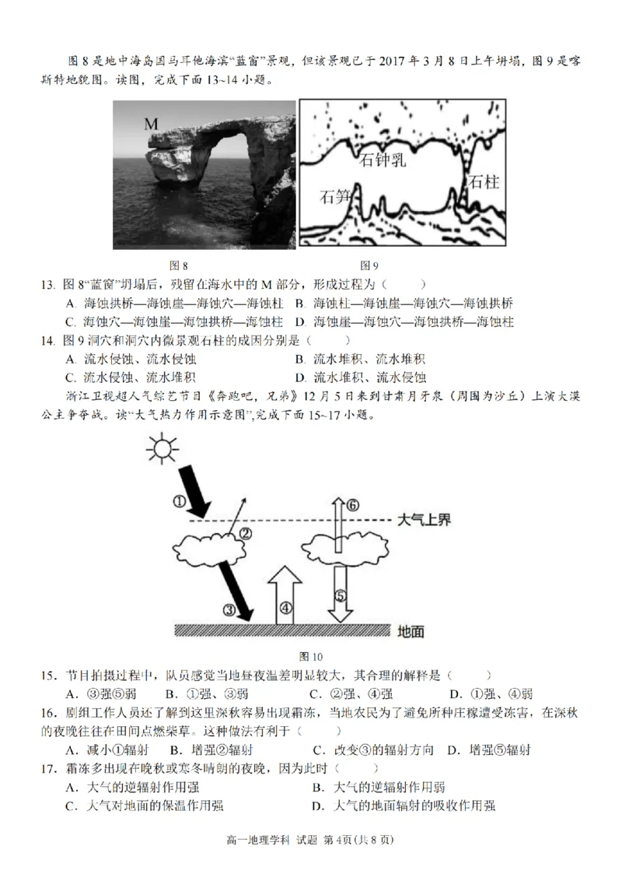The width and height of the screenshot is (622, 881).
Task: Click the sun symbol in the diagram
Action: (162, 451)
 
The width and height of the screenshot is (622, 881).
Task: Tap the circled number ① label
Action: (179, 502)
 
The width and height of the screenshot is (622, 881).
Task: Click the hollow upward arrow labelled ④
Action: (285, 595)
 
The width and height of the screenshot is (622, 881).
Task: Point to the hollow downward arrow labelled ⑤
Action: (341, 595)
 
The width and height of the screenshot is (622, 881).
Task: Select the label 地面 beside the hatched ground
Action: (411, 632)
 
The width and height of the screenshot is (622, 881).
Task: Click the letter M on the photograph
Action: (152, 125)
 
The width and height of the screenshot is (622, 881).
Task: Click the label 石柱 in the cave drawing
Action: (483, 181)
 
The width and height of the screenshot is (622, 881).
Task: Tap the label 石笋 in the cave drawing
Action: (335, 197)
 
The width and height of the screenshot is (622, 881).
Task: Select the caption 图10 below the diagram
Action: (310, 655)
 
